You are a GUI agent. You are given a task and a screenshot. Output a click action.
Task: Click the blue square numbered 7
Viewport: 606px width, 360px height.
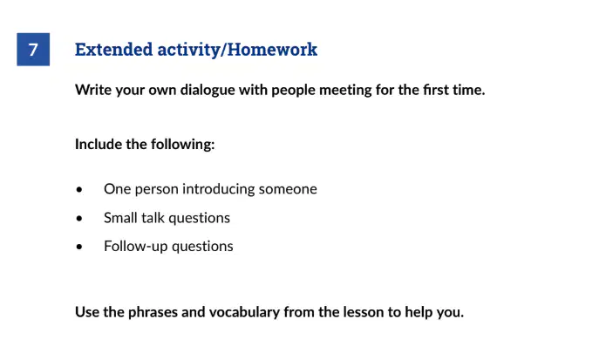(x=33, y=50)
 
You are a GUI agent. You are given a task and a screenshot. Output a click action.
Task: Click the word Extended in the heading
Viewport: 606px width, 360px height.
(x=114, y=50)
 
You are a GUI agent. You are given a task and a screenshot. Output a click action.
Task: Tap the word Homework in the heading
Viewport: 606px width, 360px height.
(x=272, y=50)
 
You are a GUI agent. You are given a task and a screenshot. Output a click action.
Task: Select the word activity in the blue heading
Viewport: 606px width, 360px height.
(x=188, y=50)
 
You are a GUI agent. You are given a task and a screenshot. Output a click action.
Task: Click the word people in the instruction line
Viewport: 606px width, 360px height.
(x=293, y=91)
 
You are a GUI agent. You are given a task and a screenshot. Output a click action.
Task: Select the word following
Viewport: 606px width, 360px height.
(x=182, y=145)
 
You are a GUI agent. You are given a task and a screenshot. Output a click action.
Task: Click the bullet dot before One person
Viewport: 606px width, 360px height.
(x=79, y=190)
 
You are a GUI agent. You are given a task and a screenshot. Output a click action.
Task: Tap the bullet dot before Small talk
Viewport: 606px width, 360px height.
(x=79, y=219)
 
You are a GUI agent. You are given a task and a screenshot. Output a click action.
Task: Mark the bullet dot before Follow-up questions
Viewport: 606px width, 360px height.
(x=79, y=247)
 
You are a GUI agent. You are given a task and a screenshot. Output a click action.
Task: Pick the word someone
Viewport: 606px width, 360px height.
(x=288, y=189)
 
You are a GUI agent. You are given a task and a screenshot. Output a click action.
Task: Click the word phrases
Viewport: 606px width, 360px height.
(x=153, y=312)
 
